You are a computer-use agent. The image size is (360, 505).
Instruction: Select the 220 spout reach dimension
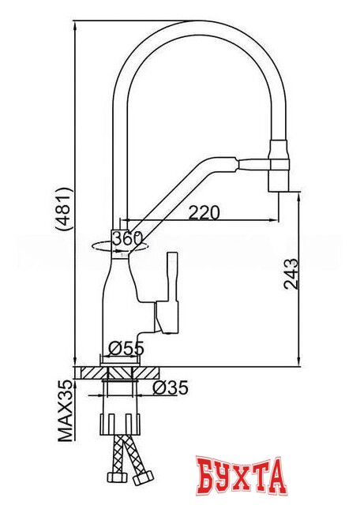(x=203, y=212)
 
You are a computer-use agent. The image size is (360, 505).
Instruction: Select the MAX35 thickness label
(x=69, y=410)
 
